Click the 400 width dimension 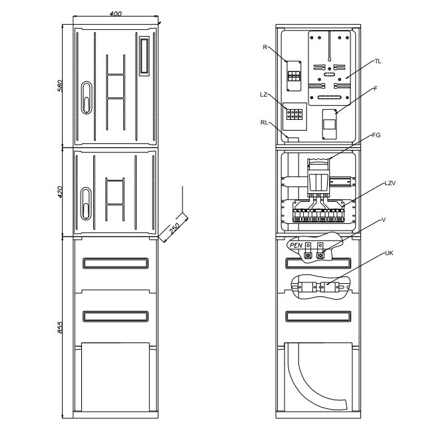tap(115, 13)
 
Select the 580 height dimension tap(60, 85)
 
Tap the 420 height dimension tap(60, 192)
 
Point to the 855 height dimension tap(60, 327)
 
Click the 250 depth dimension tap(175, 228)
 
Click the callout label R tap(265, 47)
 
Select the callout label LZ tap(264, 95)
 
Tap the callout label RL tap(264, 123)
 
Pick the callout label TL tap(378, 61)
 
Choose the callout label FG tap(376, 135)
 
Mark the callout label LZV tap(390, 183)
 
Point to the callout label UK tap(389, 253)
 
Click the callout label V tap(383, 220)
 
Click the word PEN tap(296, 245)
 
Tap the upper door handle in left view tap(87, 97)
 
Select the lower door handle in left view tap(86, 203)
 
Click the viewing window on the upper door tap(144, 56)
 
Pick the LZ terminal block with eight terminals tap(294, 115)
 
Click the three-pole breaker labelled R tap(294, 76)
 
